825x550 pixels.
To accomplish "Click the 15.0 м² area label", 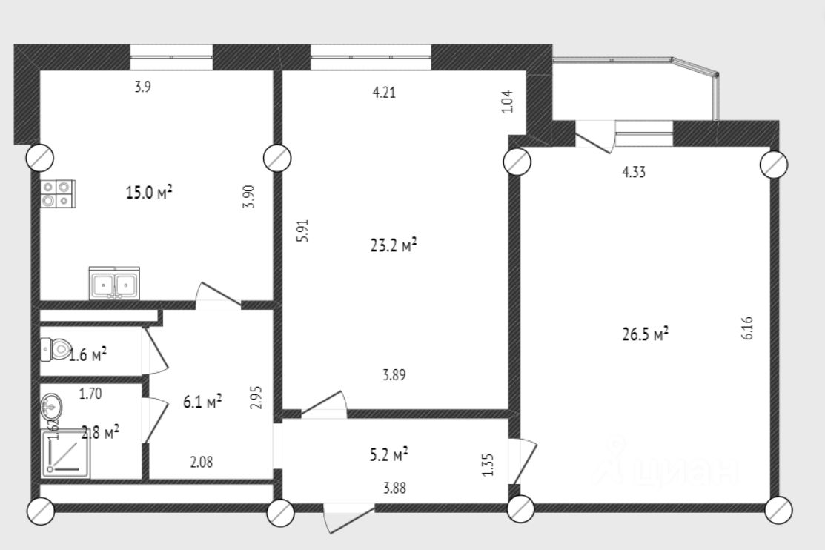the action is [149, 193].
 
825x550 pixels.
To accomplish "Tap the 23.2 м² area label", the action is [393, 245].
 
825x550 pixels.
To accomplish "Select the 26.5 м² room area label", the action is [645, 334].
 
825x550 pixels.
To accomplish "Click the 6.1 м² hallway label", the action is [202, 402].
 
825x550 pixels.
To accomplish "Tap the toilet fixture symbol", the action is [56, 348].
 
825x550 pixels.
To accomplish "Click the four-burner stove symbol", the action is [57, 193].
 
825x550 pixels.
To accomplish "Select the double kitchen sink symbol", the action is [114, 283].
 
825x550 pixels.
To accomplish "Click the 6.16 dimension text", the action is [746, 328].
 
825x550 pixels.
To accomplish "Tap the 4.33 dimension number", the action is [634, 173].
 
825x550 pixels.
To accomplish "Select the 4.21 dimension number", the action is [383, 93].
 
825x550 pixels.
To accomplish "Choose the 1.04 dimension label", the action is [508, 101].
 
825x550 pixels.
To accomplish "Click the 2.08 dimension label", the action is [202, 463].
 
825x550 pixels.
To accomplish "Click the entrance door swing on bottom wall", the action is [348, 517].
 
